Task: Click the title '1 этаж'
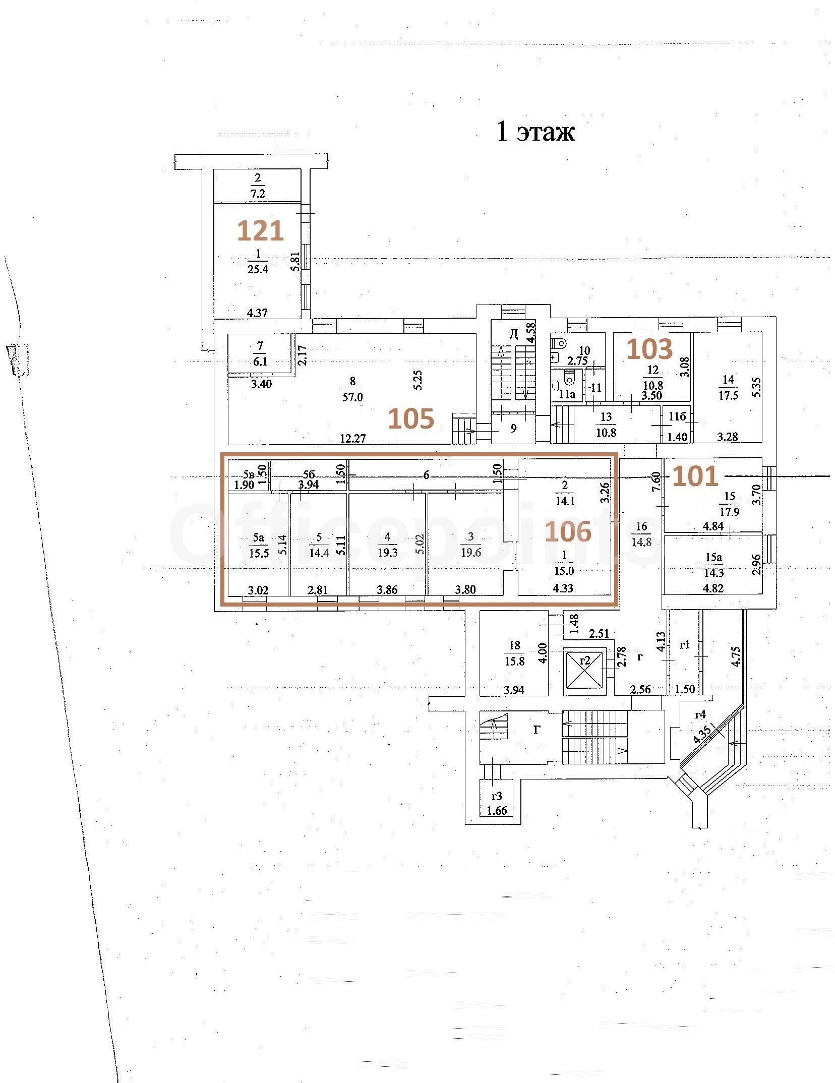(x=535, y=132)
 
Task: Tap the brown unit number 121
(x=260, y=231)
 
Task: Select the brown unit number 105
(x=411, y=418)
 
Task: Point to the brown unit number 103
(x=649, y=348)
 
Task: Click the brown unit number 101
(x=695, y=475)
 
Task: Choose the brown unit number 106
(x=568, y=531)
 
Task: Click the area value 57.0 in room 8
(x=352, y=397)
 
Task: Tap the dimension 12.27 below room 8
(x=352, y=438)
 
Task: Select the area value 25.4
(x=258, y=269)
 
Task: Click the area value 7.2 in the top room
(x=258, y=193)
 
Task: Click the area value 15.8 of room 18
(x=514, y=661)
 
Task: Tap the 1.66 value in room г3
(x=497, y=811)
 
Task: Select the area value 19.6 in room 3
(x=471, y=553)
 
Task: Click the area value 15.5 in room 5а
(x=259, y=553)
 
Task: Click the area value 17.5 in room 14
(x=728, y=395)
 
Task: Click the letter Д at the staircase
(x=513, y=334)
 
